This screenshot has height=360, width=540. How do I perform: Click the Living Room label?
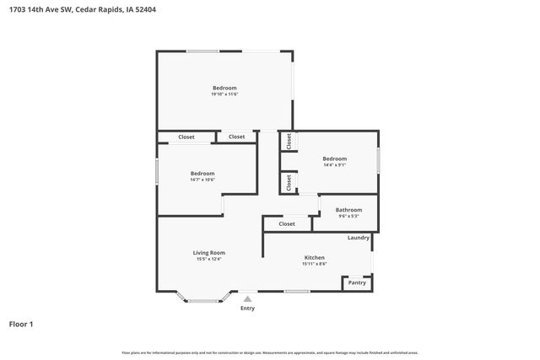click(x=209, y=252)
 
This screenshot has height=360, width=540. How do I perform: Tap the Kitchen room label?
click(x=314, y=257)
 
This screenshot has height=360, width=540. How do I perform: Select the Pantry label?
click(x=357, y=282)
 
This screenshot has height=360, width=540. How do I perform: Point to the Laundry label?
click(x=359, y=238)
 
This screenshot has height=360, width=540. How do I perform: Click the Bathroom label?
click(x=348, y=210)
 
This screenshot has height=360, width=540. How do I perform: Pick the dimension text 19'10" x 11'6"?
click(x=224, y=94)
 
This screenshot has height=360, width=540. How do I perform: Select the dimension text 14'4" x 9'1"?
click(x=334, y=165)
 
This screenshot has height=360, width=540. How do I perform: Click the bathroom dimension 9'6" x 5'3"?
click(x=348, y=217)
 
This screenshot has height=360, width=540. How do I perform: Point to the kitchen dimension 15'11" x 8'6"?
click(x=314, y=264)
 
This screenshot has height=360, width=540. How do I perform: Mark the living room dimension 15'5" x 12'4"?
click(x=209, y=259)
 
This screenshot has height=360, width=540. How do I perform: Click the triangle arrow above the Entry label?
click(x=247, y=298)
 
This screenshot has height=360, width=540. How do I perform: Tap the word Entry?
click(x=247, y=309)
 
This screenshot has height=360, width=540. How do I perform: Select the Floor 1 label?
click(x=21, y=324)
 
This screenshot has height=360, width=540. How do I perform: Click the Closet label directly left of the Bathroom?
click(x=287, y=224)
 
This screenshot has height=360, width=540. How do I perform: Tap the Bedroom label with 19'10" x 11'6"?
click(x=224, y=88)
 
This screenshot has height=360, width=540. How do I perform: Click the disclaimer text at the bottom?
click(x=270, y=352)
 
